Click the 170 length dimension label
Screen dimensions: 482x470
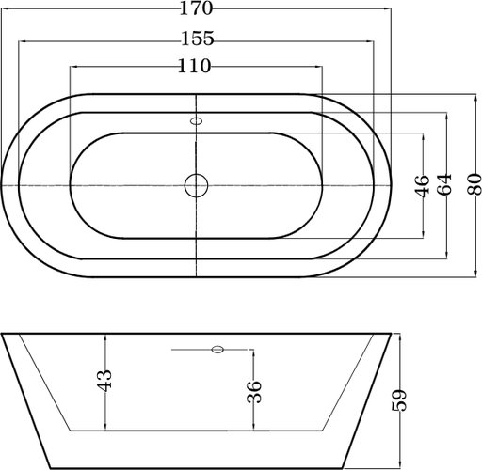point(196,8)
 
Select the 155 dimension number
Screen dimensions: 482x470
point(198,39)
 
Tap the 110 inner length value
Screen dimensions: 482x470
point(194,66)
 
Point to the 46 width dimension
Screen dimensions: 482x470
point(423,186)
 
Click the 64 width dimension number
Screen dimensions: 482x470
point(444,184)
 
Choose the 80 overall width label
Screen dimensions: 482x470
point(474,184)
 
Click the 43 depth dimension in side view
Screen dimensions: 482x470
point(104,381)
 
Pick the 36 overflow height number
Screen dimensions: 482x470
point(254,391)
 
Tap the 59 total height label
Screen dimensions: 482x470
point(399,400)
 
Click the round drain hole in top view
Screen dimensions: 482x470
point(196,185)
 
